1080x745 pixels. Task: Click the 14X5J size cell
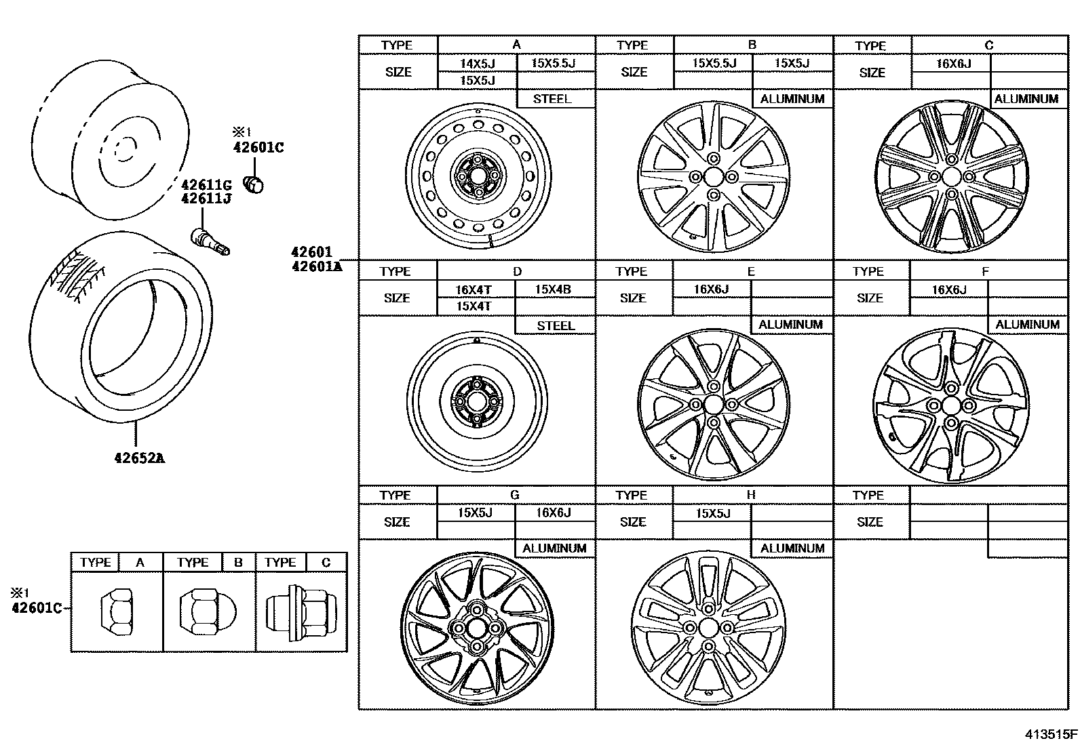478,64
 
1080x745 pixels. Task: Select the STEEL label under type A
552,99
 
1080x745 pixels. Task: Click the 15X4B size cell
553,289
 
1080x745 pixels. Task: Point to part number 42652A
139,458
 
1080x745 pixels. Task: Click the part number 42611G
206,184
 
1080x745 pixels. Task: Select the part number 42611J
206,198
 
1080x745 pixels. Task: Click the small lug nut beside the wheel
254,184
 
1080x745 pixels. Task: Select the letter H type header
750,495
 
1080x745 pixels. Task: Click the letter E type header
750,271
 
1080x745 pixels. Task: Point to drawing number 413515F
1051,733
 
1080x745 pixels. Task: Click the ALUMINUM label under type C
1026,99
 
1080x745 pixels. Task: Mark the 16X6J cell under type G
553,513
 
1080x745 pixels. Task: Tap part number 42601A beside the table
316,266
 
